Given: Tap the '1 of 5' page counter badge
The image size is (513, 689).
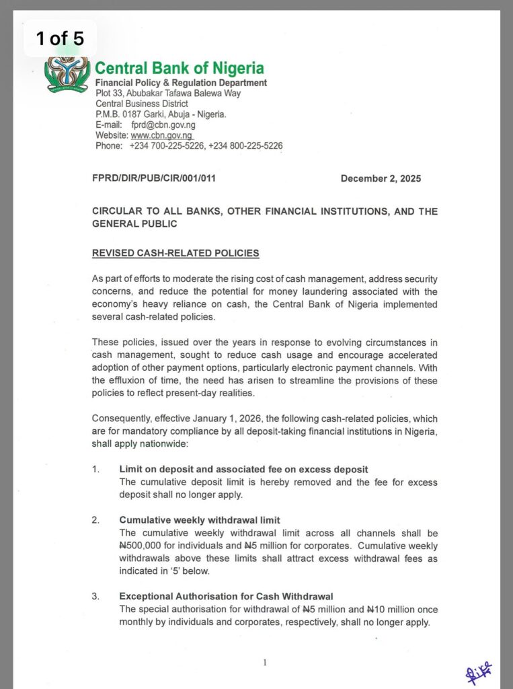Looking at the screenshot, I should pyautogui.click(x=60, y=38).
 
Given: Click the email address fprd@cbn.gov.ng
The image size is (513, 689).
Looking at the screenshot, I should pyautogui.click(x=163, y=125).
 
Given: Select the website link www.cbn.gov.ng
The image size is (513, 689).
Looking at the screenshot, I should pyautogui.click(x=162, y=135).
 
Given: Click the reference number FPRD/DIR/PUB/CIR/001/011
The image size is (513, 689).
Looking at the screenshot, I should pyautogui.click(x=154, y=178).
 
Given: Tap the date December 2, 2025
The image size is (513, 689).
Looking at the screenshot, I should pyautogui.click(x=381, y=178).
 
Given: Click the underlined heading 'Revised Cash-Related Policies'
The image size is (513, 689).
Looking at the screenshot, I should pyautogui.click(x=175, y=253).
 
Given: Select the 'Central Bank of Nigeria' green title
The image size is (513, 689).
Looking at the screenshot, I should pyautogui.click(x=180, y=68).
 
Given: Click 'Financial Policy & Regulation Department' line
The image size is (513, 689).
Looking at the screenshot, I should pyautogui.click(x=181, y=83).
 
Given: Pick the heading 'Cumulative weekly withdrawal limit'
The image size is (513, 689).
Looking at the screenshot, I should pyautogui.click(x=200, y=519).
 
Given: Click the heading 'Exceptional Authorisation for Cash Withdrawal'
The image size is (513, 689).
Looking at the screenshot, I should pyautogui.click(x=226, y=596).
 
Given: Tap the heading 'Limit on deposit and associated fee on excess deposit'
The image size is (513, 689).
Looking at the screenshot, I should pyautogui.click(x=243, y=468).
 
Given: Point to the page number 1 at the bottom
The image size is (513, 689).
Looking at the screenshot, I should pyautogui.click(x=265, y=663).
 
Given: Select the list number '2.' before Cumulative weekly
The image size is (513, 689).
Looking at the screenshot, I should pyautogui.click(x=96, y=519).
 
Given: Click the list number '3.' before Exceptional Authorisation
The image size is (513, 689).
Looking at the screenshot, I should pyautogui.click(x=96, y=596).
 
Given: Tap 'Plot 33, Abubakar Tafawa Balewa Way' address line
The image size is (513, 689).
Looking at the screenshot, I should pyautogui.click(x=168, y=94).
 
